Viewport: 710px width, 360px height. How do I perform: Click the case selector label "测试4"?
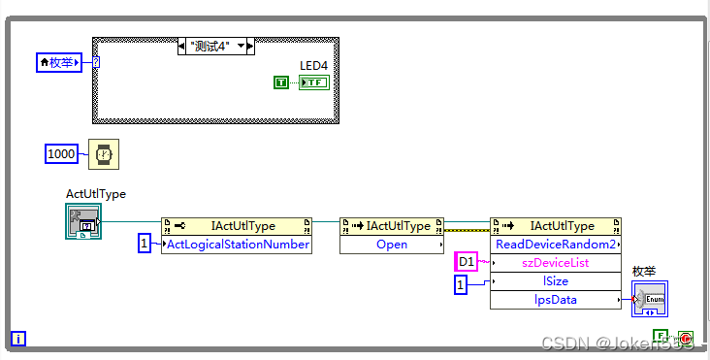210,46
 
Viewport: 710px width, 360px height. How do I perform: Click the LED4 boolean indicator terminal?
313,83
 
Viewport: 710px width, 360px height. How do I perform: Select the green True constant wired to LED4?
281,83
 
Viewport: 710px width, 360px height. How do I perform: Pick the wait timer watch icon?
101,153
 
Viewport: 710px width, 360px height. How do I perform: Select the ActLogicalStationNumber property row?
239,245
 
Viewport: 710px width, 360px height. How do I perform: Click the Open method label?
392,245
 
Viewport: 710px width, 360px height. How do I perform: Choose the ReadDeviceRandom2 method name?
556,245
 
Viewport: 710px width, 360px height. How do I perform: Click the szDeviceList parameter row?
556,263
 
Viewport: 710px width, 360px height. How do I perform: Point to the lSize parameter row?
556,281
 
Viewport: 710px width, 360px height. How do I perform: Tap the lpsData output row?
556,300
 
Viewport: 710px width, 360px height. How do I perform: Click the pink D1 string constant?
467,263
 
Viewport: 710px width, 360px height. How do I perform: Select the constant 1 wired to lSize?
463,283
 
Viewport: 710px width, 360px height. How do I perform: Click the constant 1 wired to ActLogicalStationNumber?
144,245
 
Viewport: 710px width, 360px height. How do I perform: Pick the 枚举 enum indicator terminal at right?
650,300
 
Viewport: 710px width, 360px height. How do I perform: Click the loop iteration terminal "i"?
18,340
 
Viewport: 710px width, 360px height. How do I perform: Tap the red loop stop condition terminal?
686,338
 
